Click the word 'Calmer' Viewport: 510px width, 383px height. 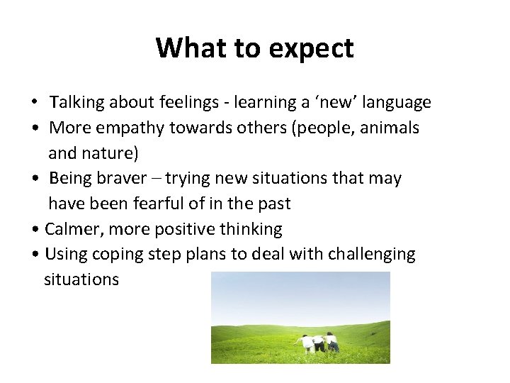(x=71, y=229)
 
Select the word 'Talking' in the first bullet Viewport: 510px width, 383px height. (x=76, y=103)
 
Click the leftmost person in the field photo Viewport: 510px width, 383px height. (x=307, y=343)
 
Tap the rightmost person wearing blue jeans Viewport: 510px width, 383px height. (x=331, y=343)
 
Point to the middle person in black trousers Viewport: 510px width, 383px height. (x=319, y=344)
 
